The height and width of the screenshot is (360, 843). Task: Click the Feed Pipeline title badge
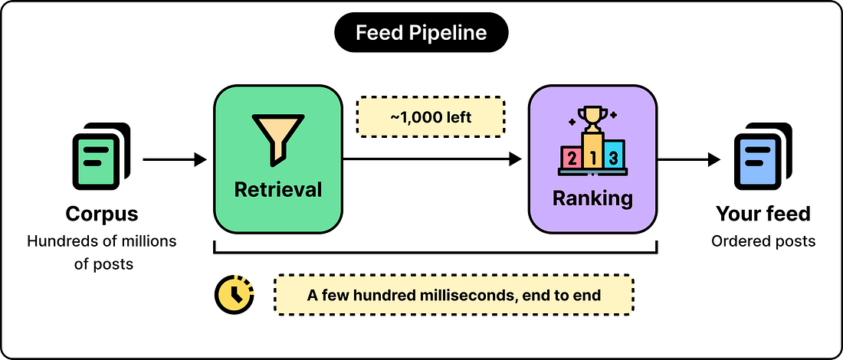coord(421,33)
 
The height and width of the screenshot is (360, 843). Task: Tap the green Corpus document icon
coord(102,156)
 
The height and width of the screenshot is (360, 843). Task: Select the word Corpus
coord(102,214)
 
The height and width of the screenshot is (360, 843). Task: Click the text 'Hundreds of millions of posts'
coord(102,253)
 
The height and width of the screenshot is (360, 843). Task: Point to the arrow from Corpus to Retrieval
coord(175,159)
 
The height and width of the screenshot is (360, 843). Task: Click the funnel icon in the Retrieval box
coord(277,139)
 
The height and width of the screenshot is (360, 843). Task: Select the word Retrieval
coord(277,189)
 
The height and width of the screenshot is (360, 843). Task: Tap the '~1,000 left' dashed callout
coord(430,116)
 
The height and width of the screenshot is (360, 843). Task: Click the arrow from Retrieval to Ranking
coord(432,159)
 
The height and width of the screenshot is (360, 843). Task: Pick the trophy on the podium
coord(592,119)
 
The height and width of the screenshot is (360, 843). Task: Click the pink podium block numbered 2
coord(571,158)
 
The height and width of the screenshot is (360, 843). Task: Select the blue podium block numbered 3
coord(613,155)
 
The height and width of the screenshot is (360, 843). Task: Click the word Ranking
coord(592,198)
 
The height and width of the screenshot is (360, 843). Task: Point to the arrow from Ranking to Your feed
coord(689,159)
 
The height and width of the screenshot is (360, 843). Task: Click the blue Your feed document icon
coord(763,156)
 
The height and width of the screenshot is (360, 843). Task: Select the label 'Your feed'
coord(763,214)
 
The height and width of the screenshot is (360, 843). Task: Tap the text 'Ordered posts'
coord(763,241)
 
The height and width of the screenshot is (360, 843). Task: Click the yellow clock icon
coord(235,294)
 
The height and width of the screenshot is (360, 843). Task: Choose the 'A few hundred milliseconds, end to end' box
coord(454,295)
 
